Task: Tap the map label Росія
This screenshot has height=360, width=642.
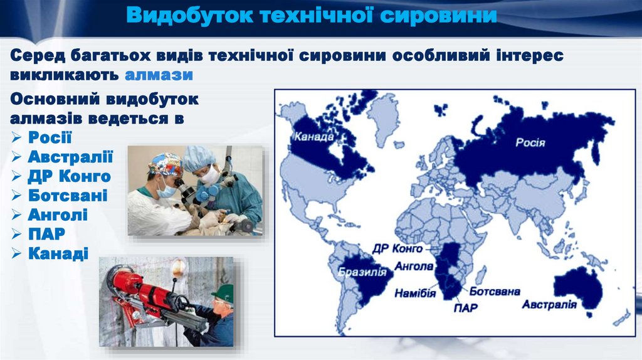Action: click(x=530, y=142)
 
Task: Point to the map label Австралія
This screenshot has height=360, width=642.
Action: click(x=549, y=305)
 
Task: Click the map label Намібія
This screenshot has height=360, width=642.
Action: click(x=415, y=293)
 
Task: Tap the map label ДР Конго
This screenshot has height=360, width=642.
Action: click(x=397, y=248)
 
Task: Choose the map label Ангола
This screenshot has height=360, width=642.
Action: click(x=414, y=266)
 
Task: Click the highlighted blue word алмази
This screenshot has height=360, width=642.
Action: click(x=159, y=75)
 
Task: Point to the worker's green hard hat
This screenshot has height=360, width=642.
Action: click(x=223, y=292)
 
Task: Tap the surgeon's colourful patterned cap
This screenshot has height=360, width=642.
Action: click(x=166, y=164)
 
